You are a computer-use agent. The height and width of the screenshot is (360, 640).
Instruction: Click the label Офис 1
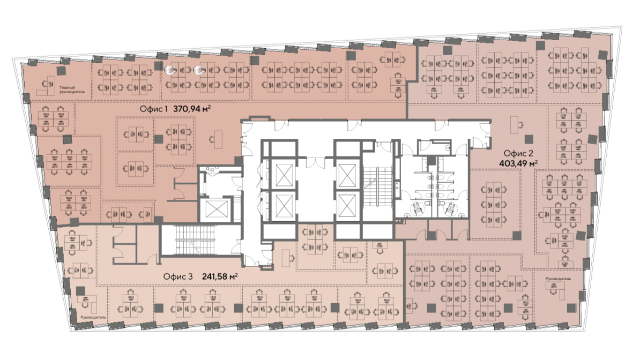pos(154,109)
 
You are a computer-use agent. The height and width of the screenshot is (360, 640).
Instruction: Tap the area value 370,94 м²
pos(192,109)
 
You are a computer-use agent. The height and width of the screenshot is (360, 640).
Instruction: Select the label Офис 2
pos(518,153)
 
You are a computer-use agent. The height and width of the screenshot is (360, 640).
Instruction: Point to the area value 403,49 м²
pos(518,163)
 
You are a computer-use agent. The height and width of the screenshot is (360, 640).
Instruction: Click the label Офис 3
pos(177,276)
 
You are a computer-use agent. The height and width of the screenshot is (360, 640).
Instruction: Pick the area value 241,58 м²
pos(220,276)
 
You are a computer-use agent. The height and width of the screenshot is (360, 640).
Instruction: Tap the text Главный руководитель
pos(72,90)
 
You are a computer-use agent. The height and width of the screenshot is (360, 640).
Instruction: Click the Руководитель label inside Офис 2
pos(557,279)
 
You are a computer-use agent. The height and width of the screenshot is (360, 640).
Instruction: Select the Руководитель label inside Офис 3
pos(93,317)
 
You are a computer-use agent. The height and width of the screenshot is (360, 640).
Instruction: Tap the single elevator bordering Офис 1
pos(215,209)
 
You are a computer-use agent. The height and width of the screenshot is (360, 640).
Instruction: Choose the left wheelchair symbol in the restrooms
pos(416,208)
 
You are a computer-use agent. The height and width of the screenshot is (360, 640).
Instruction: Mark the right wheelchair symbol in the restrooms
pos(450,208)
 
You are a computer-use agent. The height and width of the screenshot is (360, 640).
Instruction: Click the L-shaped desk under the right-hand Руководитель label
pos(556,289)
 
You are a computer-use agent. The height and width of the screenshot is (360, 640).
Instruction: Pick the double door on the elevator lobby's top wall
pos(314,162)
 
